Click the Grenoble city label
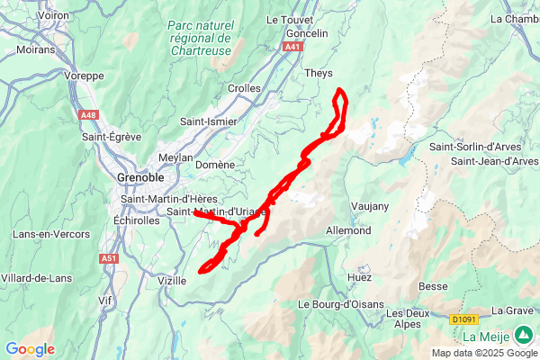pos(139,177)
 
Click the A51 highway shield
pos(109,257)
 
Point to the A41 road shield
pos(292,47)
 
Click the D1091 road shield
pos(463,318)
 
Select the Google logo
pos(30,349)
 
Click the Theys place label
pos(319,74)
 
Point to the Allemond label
pos(348,230)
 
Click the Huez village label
pos(360,279)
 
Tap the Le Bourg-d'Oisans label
pos(340,304)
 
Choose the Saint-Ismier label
pos(209,121)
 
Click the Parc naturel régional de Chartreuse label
pos(200,39)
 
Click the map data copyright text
pos(482,352)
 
